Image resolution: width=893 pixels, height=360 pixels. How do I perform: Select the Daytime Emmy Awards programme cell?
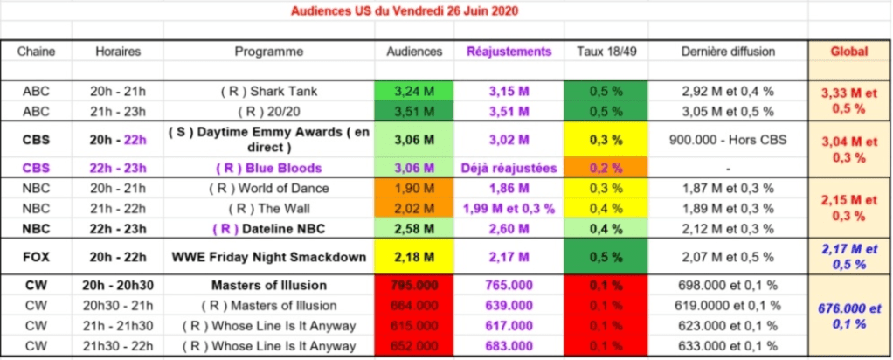pyautogui.click(x=269, y=140)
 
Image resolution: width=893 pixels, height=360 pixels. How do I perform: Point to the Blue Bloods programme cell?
pyautogui.click(x=269, y=169)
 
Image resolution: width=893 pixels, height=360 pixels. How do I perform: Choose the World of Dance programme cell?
pyautogui.click(x=269, y=189)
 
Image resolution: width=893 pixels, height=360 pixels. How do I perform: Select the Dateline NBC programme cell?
pyautogui.click(x=269, y=229)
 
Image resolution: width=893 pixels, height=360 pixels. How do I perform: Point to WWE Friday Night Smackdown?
pyautogui.click(x=269, y=257)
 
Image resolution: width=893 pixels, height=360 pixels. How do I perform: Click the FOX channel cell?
pyautogui.click(x=37, y=257)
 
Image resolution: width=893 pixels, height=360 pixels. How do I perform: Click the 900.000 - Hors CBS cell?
pyautogui.click(x=728, y=140)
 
